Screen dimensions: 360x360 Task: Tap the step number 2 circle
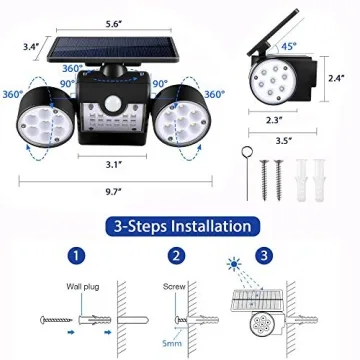(x=176, y=255)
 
